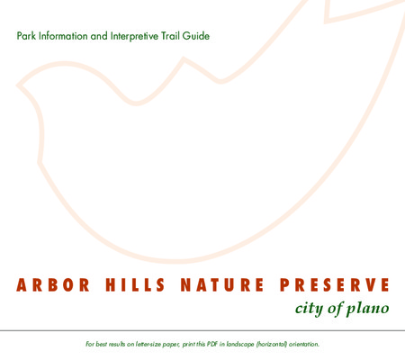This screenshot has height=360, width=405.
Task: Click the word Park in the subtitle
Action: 26,36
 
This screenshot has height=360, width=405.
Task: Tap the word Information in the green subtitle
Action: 63,36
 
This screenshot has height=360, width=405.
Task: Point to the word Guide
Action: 196,36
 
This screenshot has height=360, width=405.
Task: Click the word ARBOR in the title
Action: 53,285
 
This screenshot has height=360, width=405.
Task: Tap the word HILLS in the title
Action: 135,285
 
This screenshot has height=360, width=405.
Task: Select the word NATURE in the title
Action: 222,285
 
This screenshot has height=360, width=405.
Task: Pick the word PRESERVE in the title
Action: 335,285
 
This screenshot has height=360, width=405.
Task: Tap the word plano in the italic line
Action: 368,309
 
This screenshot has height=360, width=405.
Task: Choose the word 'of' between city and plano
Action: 335,309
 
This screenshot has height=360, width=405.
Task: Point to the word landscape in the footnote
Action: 240,344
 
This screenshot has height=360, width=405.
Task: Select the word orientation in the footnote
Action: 304,344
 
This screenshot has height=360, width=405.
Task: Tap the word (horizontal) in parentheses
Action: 272,344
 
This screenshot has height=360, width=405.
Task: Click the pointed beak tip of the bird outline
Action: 17,85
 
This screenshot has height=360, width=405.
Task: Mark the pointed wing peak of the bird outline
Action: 184,58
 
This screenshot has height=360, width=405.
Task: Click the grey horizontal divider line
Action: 202,330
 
